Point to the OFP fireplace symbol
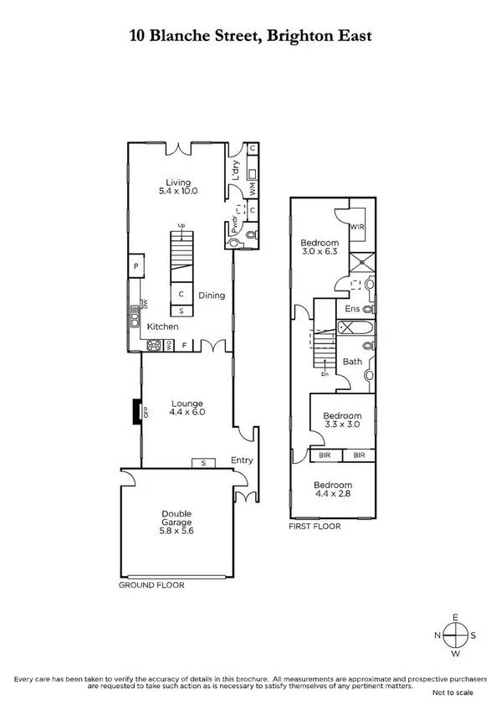[135, 411]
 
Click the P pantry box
[136, 267]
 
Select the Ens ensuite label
[352, 309]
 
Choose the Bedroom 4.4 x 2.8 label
[332, 490]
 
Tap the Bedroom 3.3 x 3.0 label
[342, 420]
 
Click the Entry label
[242, 460]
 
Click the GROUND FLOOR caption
[151, 585]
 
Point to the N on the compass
[437, 635]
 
